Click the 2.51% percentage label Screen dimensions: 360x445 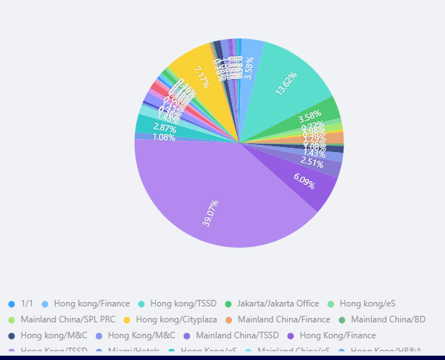pos(312,162)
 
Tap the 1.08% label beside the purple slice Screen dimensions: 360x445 pos(164,138)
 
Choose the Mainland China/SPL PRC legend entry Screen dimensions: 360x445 pos(67,319)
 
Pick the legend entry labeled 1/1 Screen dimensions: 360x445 pos(27,304)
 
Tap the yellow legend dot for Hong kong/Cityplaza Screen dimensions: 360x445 pos(127,319)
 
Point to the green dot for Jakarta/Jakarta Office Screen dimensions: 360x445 pos(228,304)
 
